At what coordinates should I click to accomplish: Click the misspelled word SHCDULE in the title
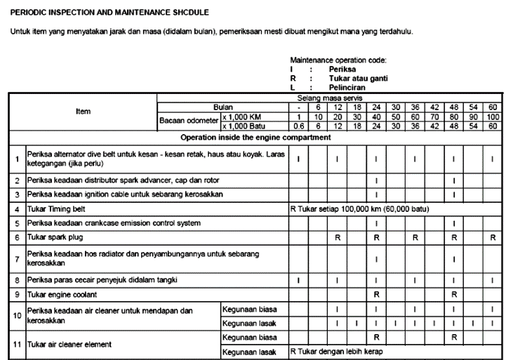click(x=187, y=13)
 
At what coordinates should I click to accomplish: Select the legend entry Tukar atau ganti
click(x=358, y=79)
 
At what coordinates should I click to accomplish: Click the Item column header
click(x=83, y=112)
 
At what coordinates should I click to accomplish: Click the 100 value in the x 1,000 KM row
click(x=493, y=116)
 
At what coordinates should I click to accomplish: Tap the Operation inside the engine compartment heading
click(x=255, y=138)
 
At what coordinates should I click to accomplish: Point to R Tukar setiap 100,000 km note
click(x=359, y=209)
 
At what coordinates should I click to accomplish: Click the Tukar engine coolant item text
click(x=61, y=294)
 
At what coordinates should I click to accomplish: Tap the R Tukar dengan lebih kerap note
click(x=336, y=351)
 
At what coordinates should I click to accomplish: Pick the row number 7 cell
click(x=17, y=259)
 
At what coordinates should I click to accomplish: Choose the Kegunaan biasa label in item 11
click(x=248, y=338)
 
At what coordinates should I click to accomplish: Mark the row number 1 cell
click(x=17, y=159)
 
